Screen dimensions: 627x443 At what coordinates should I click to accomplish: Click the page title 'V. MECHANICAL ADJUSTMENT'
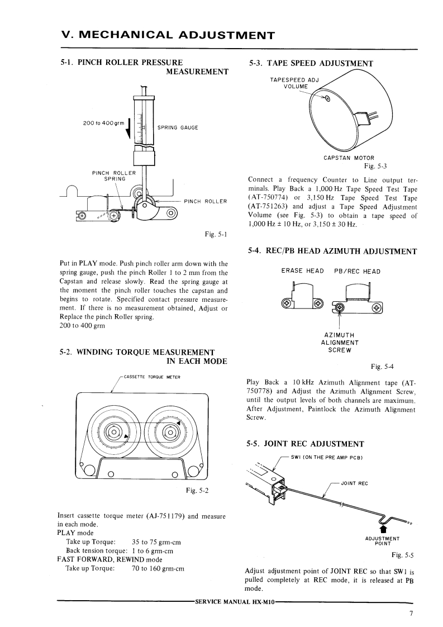tap(168, 36)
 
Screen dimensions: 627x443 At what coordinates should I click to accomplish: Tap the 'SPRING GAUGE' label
tap(178, 127)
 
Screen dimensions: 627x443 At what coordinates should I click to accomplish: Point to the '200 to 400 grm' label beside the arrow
tap(103, 123)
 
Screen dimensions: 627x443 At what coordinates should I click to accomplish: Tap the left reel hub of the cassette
tap(113, 433)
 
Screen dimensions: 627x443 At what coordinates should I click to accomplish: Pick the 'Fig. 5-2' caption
tap(197, 491)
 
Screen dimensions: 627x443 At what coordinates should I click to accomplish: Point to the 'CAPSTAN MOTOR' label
tap(349, 158)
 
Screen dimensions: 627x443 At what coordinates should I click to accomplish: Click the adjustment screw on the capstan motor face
tap(327, 100)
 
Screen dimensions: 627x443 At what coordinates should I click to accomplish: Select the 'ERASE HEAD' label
tap(302, 271)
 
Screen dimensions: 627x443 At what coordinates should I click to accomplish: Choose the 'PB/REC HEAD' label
tap(357, 271)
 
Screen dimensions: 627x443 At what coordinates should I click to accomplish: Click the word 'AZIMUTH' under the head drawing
tap(340, 335)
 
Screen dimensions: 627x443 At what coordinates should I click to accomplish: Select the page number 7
tap(411, 614)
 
